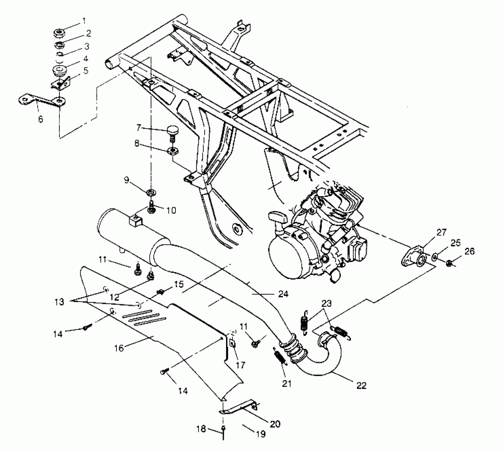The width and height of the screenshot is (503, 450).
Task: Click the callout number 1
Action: click(x=84, y=21)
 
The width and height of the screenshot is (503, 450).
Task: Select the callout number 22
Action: click(x=361, y=385)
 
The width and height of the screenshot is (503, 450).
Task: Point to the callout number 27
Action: click(x=441, y=232)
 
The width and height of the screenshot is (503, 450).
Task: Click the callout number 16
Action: click(x=119, y=348)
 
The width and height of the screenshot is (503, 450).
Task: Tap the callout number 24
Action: click(x=283, y=294)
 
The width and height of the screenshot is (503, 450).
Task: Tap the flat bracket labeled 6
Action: click(x=42, y=101)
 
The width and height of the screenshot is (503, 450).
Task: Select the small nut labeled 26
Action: click(x=449, y=263)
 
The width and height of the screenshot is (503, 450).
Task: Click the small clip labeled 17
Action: click(x=232, y=343)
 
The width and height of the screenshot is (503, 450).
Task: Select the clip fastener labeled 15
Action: click(x=160, y=292)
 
